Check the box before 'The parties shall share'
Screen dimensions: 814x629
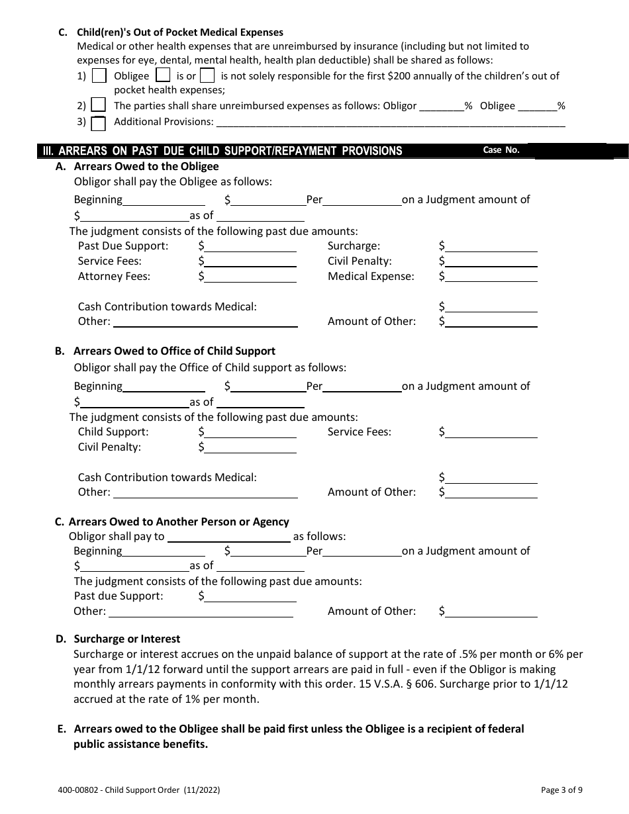click(98, 105)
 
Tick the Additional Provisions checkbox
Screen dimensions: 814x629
click(98, 123)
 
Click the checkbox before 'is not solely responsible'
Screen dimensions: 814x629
click(207, 75)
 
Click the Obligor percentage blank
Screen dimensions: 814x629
click(442, 106)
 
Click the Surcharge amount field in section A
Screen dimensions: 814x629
click(491, 246)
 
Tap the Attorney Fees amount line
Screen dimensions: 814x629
click(250, 277)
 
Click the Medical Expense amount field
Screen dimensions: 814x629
click(491, 277)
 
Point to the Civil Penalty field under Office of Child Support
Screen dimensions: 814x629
click(250, 447)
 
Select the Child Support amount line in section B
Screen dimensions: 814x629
click(250, 432)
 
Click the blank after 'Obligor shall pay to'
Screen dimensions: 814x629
click(228, 537)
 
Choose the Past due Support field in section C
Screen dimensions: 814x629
click(250, 596)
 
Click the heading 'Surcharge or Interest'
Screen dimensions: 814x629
click(127, 639)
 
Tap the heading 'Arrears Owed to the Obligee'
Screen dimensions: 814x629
click(146, 167)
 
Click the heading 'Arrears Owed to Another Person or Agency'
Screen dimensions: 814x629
click(179, 522)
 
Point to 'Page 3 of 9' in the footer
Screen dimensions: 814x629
click(561, 790)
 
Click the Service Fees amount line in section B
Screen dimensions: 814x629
click(491, 432)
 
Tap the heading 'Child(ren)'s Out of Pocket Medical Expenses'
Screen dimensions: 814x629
click(180, 32)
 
